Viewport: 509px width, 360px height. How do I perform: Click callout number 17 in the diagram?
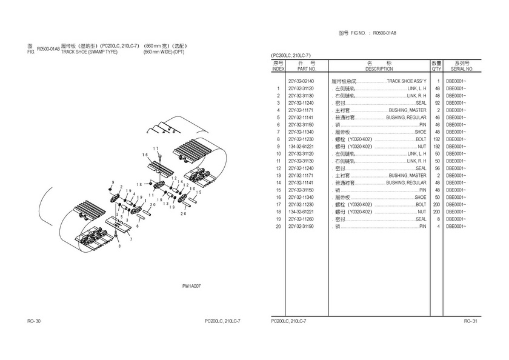click(x=156, y=149)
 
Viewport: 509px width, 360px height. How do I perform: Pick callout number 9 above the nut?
click(x=112, y=182)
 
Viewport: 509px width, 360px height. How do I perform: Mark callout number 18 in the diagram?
click(x=139, y=184)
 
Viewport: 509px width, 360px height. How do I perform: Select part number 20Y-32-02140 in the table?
click(x=301, y=81)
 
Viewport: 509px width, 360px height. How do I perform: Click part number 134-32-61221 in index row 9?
click(x=301, y=146)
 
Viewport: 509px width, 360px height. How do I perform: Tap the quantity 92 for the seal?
click(x=436, y=102)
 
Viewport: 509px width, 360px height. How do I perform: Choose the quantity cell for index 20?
click(x=436, y=226)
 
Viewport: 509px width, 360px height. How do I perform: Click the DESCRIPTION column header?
click(x=379, y=69)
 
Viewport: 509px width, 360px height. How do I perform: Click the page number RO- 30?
click(x=34, y=321)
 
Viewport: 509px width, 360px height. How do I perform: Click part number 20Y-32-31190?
click(x=301, y=226)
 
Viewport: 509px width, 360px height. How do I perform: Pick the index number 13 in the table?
click(x=278, y=175)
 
